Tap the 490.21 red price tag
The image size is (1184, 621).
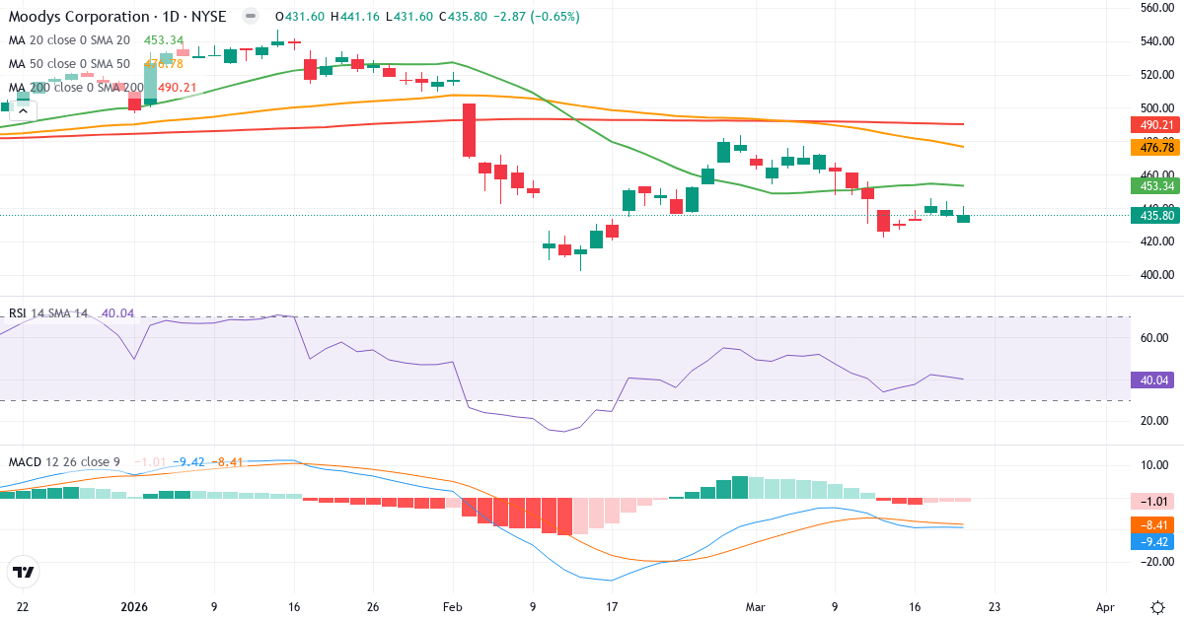(1154, 125)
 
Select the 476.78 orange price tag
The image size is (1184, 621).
(1154, 147)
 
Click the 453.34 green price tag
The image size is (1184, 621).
(1154, 185)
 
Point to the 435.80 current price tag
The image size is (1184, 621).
(1154, 215)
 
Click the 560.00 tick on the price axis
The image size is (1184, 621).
(1155, 8)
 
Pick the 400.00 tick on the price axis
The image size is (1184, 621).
(1155, 274)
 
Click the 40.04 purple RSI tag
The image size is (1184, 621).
(1154, 379)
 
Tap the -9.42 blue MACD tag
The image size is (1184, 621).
(1154, 541)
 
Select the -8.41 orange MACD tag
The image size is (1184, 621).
(1154, 525)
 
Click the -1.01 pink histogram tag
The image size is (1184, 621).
(1154, 502)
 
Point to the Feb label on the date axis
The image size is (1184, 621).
(452, 607)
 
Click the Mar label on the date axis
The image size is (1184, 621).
(755, 607)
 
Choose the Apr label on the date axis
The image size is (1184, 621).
(1105, 607)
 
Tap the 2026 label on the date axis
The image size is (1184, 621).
(134, 607)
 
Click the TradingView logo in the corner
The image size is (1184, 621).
(23, 571)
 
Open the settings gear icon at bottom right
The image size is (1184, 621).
(1156, 607)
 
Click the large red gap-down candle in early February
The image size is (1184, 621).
(469, 130)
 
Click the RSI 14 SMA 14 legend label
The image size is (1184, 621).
(49, 313)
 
